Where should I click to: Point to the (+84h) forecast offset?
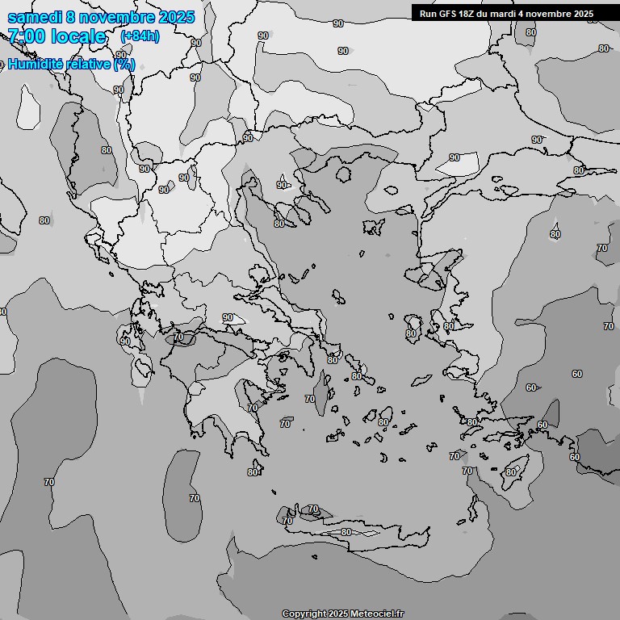coord(139,36)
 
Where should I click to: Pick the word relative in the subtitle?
coord(88,64)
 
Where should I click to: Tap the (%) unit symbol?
coord(124,64)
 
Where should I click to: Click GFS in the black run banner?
coord(446,13)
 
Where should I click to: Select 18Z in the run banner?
coord(467,13)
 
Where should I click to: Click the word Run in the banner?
coord(428,13)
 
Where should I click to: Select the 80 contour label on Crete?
coord(346,532)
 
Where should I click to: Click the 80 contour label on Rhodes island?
coord(511,472)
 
